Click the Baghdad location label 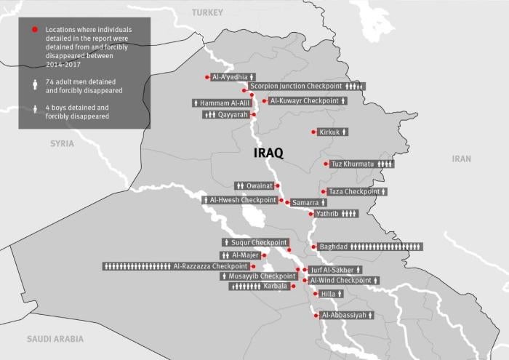point(334,247)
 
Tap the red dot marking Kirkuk point(313,132)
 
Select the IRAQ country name point(268,153)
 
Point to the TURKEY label point(208,12)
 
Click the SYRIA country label point(62,143)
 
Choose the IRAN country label point(461,159)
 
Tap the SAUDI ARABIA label point(55,339)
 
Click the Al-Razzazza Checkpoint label point(211,266)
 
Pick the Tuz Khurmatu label point(352,164)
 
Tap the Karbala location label point(276,286)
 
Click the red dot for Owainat point(277,186)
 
